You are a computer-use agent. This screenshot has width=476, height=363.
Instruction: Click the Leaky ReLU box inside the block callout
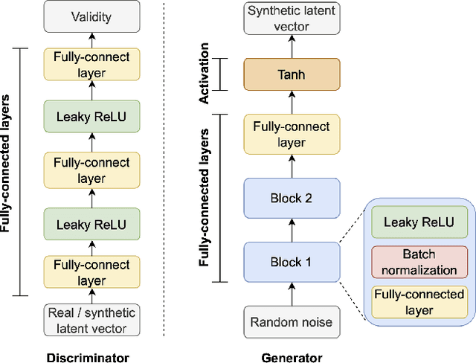(420, 222)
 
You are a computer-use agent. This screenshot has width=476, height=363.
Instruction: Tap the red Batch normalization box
(420, 262)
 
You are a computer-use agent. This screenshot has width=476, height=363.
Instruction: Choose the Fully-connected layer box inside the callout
(420, 302)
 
